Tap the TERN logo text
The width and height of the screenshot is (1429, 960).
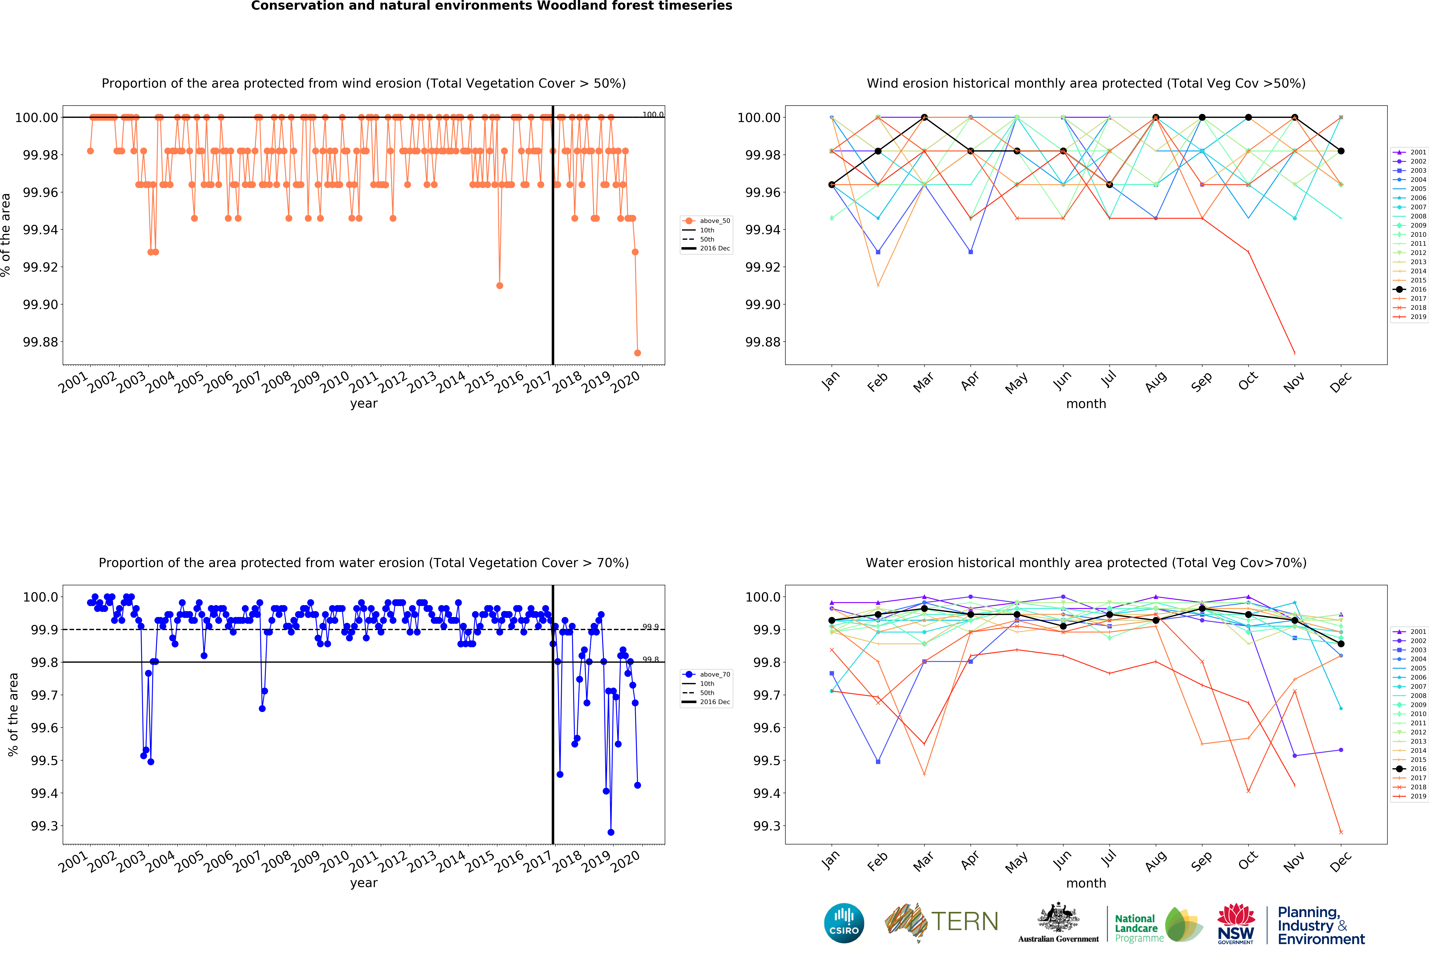964,921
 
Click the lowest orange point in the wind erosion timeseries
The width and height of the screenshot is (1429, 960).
637,353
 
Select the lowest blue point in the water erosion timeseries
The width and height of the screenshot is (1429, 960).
610,832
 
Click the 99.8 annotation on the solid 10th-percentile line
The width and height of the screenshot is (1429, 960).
650,659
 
